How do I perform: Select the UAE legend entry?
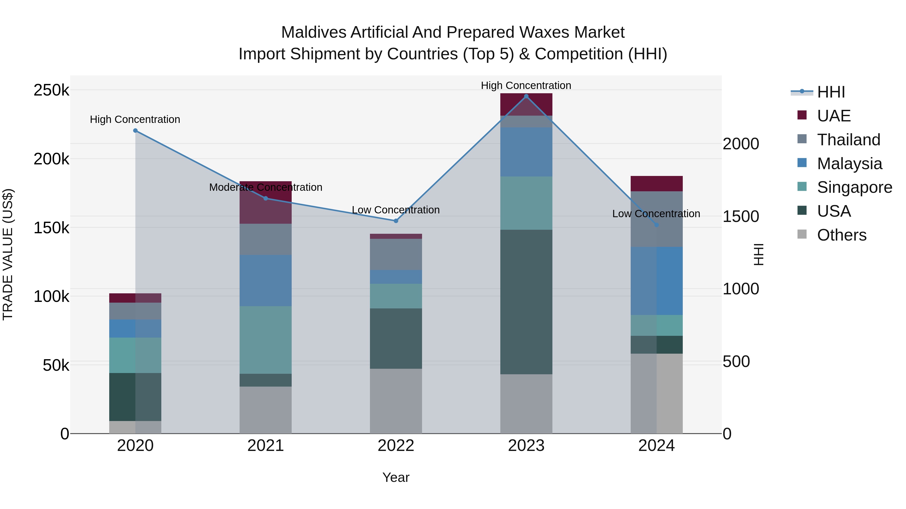[x=833, y=116]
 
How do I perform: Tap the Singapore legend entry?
[x=854, y=187]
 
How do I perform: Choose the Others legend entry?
[x=841, y=235]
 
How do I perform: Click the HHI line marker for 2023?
[x=526, y=96]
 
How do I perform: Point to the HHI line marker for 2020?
[x=135, y=131]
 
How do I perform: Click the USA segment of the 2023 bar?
[x=526, y=302]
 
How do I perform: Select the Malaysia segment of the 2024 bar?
[x=656, y=281]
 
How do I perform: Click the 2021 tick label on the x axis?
[x=266, y=446]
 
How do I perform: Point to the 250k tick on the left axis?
[x=51, y=90]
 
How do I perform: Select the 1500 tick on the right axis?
[x=741, y=217]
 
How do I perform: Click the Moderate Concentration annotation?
[x=266, y=187]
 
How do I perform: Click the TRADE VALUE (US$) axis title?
[x=8, y=254]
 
